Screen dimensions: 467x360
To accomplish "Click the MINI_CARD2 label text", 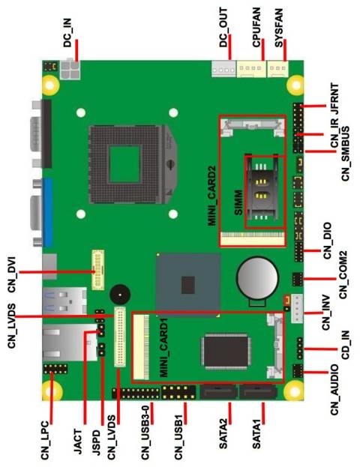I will point(213,197).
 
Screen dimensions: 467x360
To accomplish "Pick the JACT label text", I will point(78,439).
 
